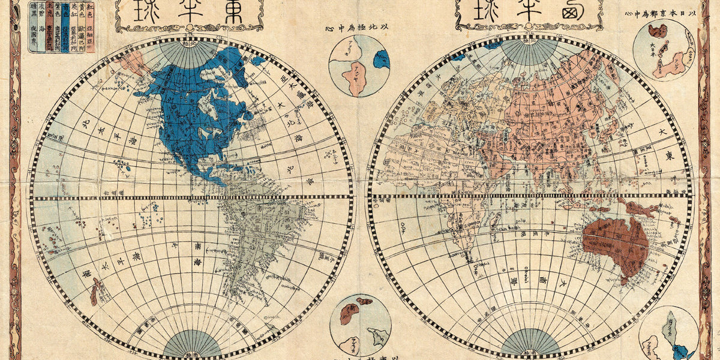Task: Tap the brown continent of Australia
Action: click(x=615, y=243)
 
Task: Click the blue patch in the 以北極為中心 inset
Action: click(x=382, y=58)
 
